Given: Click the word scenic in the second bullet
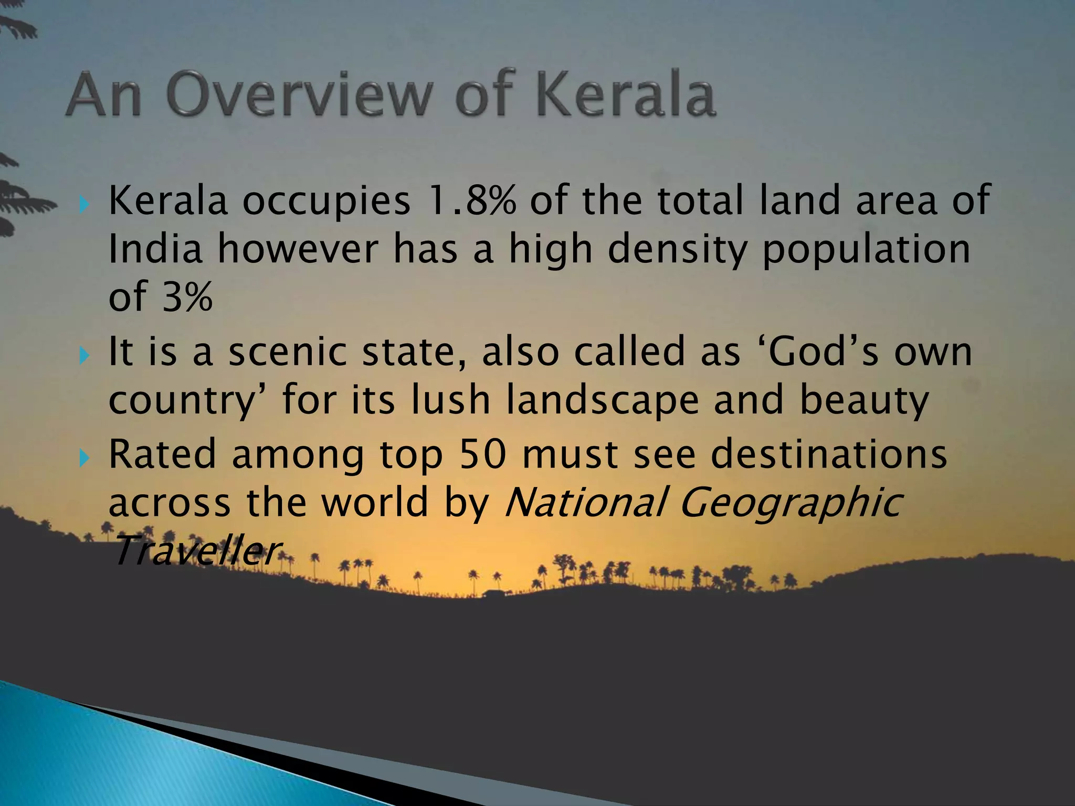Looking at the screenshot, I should point(288,352).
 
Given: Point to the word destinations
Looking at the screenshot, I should point(829,454).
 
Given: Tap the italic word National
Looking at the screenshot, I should point(585,502).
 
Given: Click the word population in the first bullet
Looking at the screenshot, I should point(866,250).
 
